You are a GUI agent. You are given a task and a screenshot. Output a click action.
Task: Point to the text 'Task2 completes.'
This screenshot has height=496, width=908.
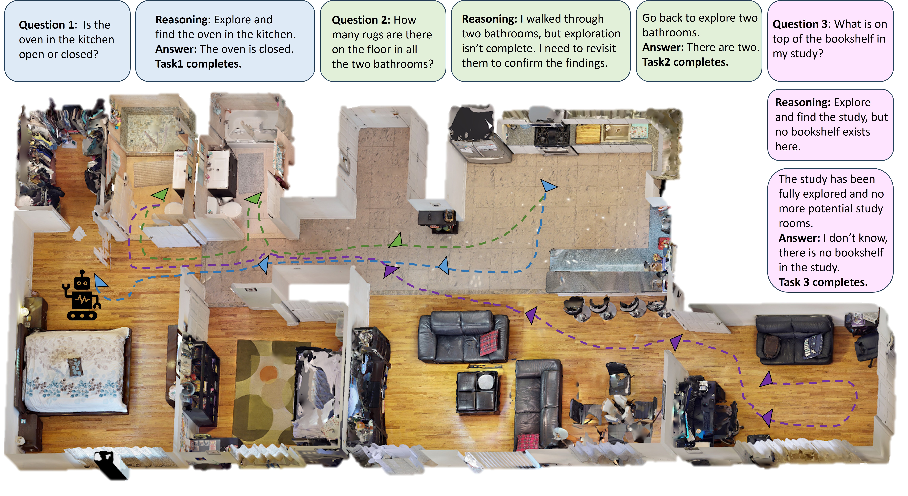tap(685, 62)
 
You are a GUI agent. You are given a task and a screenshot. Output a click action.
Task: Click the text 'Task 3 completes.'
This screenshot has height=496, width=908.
tap(823, 282)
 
